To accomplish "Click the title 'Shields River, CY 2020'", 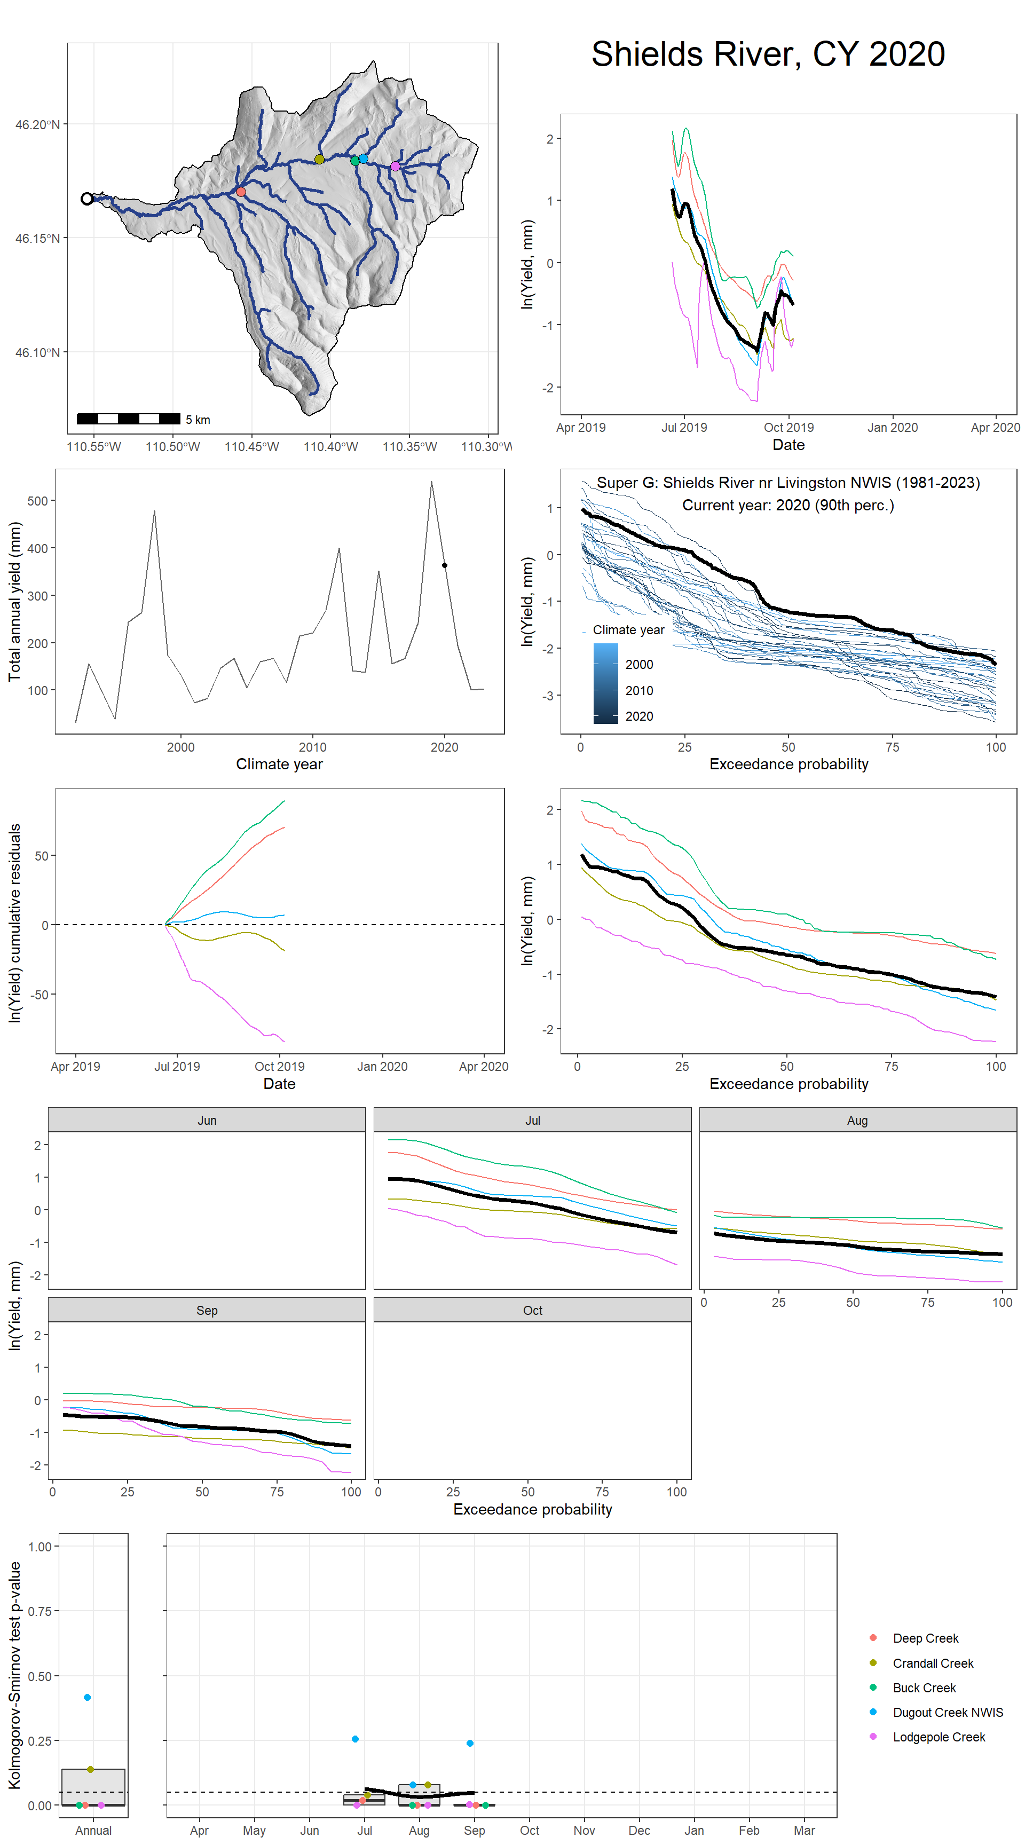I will point(767,54).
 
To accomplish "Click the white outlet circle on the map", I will point(86,199).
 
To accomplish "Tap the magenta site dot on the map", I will point(395,166).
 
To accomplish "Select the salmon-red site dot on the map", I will point(241,192).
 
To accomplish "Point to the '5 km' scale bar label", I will point(198,420).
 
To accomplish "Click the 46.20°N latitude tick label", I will point(37,124).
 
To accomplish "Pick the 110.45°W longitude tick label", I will point(251,447).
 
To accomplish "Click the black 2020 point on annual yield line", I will point(444,565).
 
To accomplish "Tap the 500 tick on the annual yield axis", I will point(37,501).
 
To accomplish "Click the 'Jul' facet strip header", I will point(532,1120).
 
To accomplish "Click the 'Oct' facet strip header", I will point(532,1310).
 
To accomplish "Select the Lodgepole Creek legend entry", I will point(939,1737).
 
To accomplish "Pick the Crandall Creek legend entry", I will point(933,1663).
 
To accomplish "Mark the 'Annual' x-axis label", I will point(93,1830).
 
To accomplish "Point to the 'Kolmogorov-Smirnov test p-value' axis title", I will point(14,1675).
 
